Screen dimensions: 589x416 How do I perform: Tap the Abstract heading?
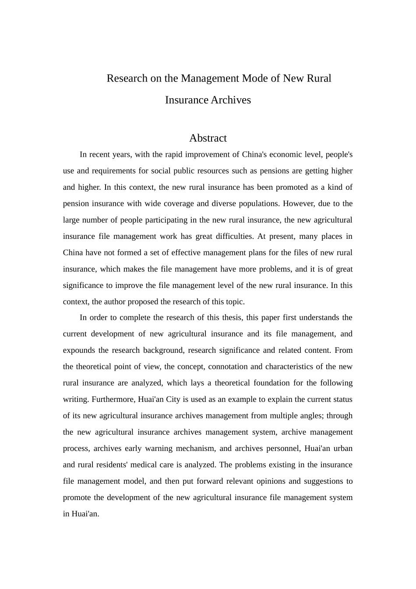tap(208, 138)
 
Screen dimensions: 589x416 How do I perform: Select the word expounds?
tap(79, 350)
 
